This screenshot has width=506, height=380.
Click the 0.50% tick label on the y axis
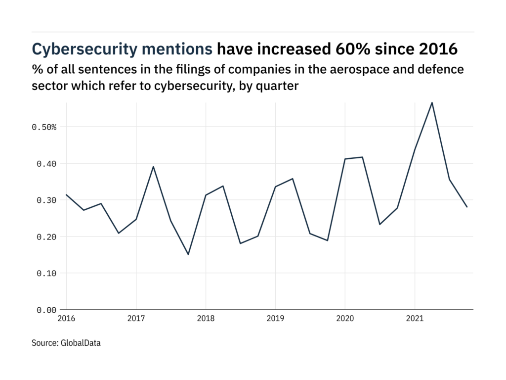coord(44,127)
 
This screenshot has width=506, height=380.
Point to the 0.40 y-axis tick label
coord(46,164)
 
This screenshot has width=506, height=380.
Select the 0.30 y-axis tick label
coord(46,200)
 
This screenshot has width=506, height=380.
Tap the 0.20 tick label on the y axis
coord(46,237)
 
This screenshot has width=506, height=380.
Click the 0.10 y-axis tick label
coord(46,274)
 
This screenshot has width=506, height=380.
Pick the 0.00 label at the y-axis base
coord(46,310)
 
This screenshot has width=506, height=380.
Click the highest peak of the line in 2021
coord(432,103)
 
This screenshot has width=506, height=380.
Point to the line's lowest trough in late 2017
coord(188,254)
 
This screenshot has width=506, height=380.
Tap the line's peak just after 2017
coord(153,167)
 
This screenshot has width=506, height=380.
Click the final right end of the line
coord(467,207)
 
